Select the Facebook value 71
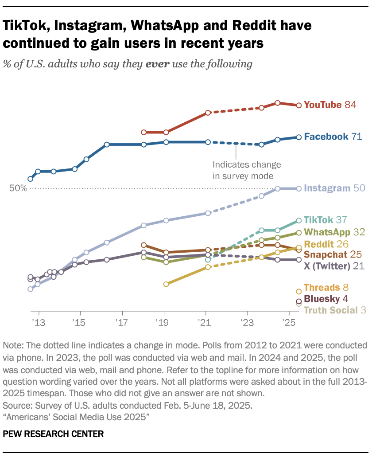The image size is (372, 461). [356, 137]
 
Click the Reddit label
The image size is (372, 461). [318, 244]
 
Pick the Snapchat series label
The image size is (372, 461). [327, 255]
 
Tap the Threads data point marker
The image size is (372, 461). [298, 292]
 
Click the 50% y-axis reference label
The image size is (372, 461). [18, 188]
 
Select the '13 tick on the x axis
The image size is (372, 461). [39, 321]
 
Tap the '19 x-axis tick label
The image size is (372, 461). [164, 321]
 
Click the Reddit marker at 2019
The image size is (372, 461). [166, 284]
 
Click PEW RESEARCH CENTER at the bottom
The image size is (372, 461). [53, 434]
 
